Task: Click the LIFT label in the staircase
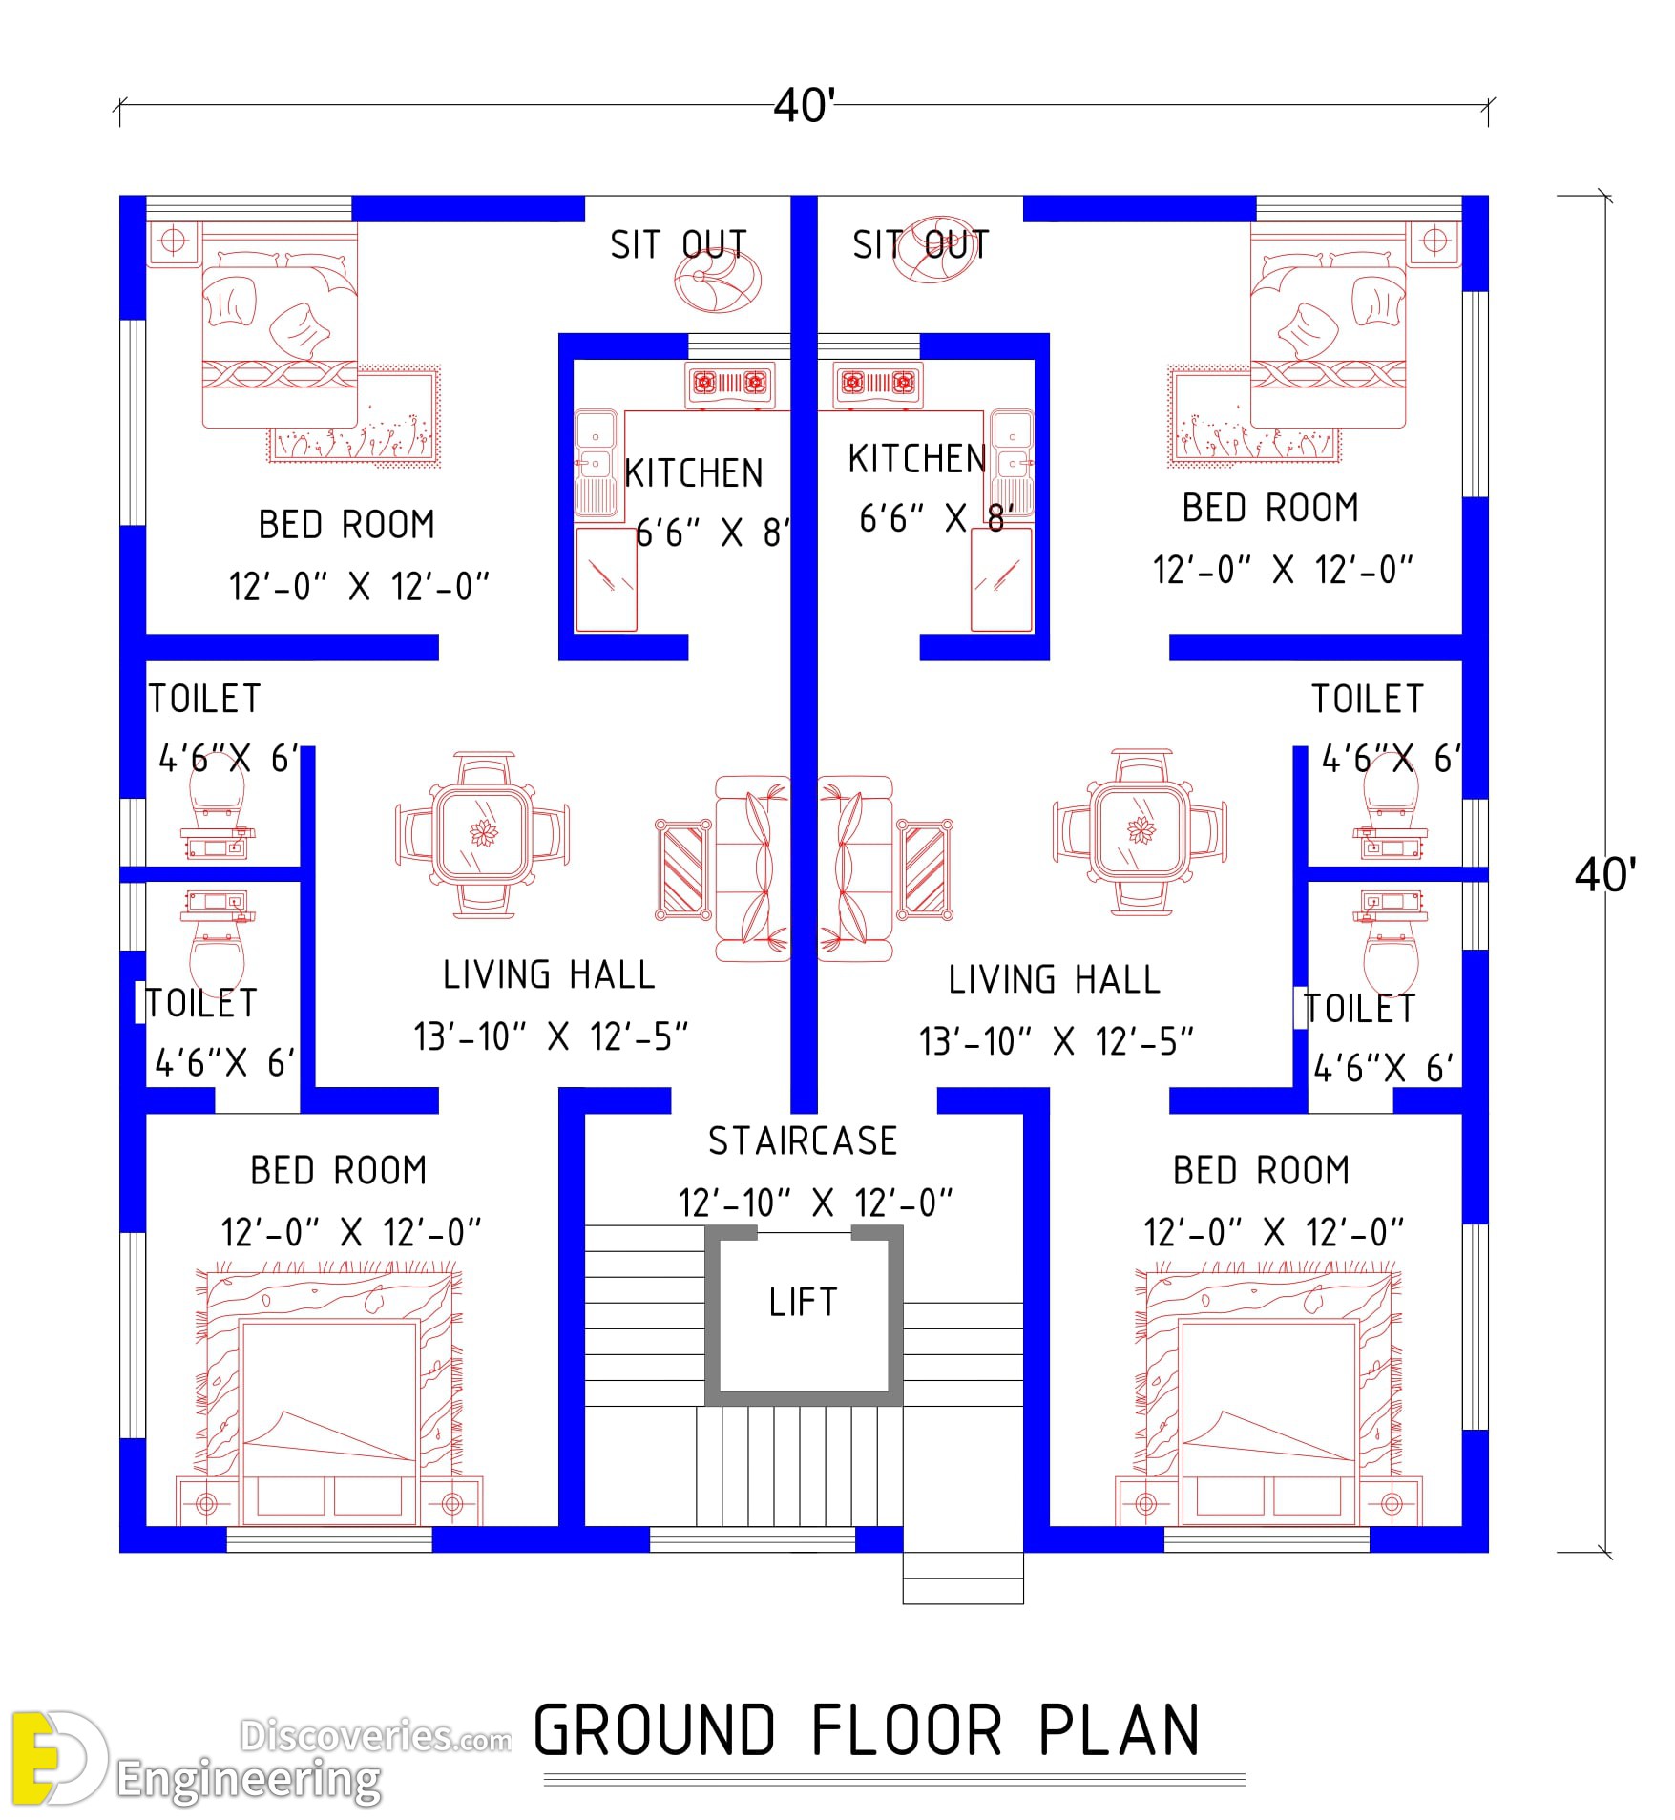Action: (803, 1302)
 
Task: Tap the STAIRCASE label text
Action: (803, 1141)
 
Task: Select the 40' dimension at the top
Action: (805, 105)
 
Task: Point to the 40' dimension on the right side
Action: (1605, 874)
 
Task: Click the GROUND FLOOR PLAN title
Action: (867, 1730)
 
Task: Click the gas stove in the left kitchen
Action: (730, 385)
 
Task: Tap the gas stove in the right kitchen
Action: (878, 385)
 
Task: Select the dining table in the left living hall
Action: (483, 834)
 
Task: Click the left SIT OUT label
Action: (679, 245)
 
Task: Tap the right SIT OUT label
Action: (921, 245)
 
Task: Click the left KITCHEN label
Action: (694, 473)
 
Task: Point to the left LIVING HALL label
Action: (550, 975)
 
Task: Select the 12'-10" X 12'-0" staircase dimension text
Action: (816, 1203)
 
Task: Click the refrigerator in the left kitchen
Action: (606, 578)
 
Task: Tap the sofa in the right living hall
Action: (855, 868)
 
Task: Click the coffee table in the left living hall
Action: (683, 869)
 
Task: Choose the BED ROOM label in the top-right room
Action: (1270, 508)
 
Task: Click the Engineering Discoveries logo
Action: (258, 1758)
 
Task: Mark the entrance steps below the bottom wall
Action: (963, 1579)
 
